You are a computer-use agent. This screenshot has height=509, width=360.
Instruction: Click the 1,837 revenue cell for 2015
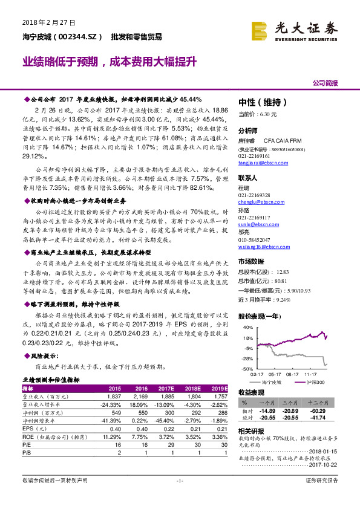114,396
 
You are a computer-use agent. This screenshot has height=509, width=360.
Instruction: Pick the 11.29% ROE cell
114,435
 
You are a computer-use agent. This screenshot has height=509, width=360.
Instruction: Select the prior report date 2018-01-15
326,450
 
